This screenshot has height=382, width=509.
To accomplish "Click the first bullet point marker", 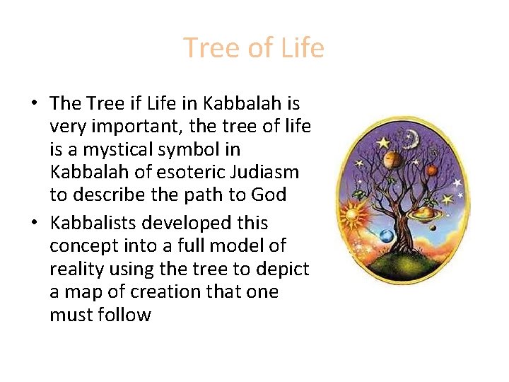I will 34,104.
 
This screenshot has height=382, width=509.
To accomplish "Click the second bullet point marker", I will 34,223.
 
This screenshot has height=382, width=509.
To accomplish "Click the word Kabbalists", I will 91,223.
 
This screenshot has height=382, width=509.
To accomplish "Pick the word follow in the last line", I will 125,314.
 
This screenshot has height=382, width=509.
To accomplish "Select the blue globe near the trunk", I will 387,236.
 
